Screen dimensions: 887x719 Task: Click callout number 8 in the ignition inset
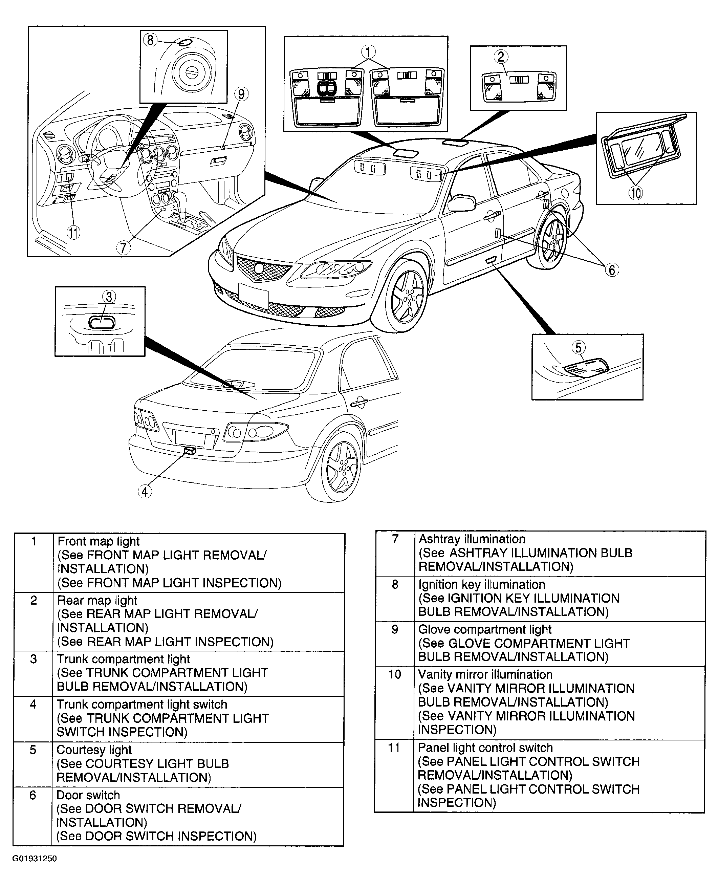[x=150, y=40]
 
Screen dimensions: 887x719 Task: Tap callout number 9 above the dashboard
[x=241, y=94]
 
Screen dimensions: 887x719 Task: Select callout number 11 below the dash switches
[x=73, y=233]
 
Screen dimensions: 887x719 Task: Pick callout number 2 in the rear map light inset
[x=501, y=57]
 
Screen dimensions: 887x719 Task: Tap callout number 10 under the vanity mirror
[x=636, y=193]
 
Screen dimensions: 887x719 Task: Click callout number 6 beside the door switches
[x=612, y=270]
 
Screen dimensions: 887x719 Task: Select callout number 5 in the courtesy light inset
[x=578, y=347]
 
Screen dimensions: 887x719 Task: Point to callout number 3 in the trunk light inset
[x=109, y=297]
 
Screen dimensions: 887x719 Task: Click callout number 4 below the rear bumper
[x=145, y=492]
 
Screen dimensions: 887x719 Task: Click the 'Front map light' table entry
[x=99, y=541]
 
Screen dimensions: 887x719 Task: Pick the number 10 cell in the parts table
[x=394, y=675]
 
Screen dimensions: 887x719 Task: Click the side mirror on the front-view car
[x=461, y=203]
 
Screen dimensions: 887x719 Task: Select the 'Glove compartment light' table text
[x=484, y=629]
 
